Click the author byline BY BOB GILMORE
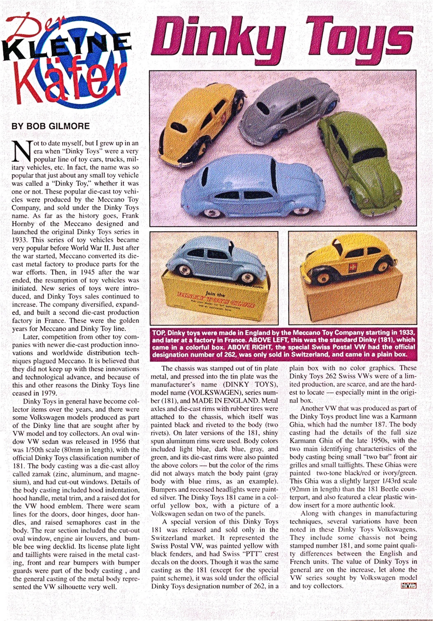(x=51, y=126)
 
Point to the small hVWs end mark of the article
(x=408, y=586)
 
